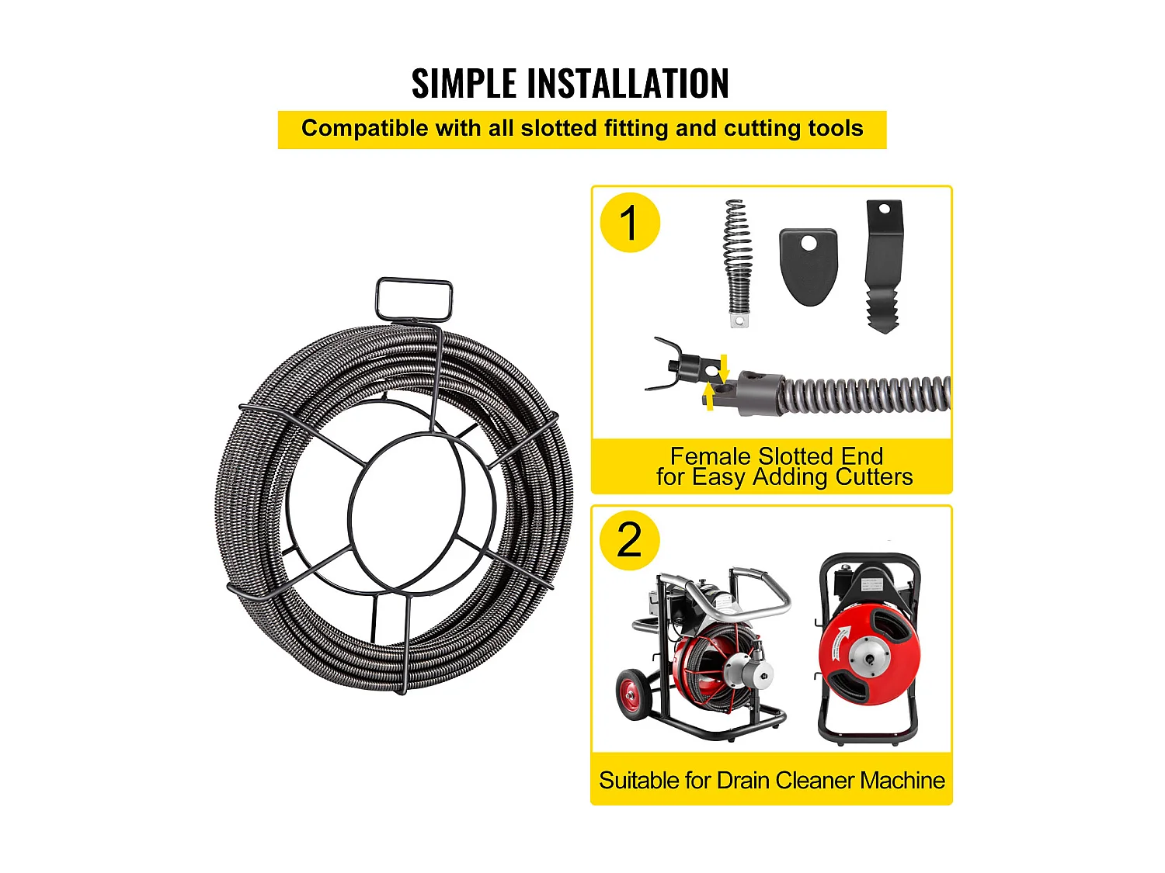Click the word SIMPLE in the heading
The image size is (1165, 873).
coord(464,84)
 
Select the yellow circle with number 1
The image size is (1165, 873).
coord(630,223)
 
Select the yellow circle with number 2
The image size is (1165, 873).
coord(629,540)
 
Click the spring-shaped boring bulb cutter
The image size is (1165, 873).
coord(738,263)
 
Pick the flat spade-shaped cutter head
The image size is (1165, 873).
coord(809,267)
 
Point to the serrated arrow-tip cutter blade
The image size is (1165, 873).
coord(884,266)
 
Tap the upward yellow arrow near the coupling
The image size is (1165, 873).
coord(710,397)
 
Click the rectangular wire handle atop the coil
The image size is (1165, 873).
coord(414,300)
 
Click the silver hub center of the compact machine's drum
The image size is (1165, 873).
coord(869,659)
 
